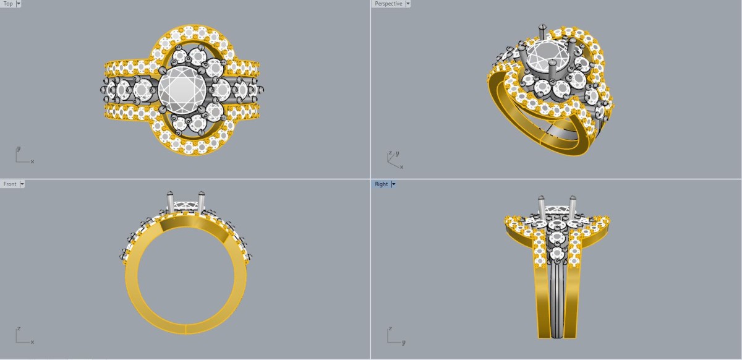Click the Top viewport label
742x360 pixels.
point(8,4)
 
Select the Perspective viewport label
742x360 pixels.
point(388,4)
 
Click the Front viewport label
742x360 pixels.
point(10,184)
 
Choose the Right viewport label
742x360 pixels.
point(382,184)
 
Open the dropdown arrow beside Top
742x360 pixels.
point(19,4)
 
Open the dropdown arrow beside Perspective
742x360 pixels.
point(407,4)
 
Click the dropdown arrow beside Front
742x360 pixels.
point(22,184)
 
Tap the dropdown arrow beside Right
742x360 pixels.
point(393,184)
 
